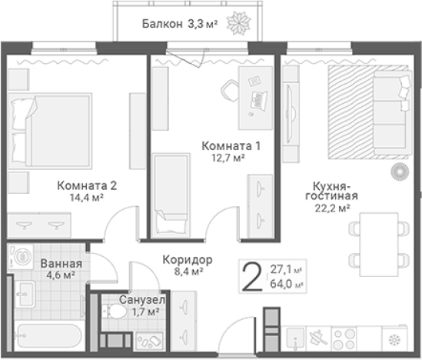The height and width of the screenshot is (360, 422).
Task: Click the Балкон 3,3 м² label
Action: (x=180, y=25)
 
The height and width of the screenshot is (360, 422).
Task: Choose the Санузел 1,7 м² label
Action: (x=139, y=305)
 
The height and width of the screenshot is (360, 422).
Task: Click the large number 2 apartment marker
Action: (x=250, y=276)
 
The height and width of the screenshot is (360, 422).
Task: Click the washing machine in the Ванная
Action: (x=21, y=258)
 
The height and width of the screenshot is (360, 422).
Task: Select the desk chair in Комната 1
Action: (x=231, y=91)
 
